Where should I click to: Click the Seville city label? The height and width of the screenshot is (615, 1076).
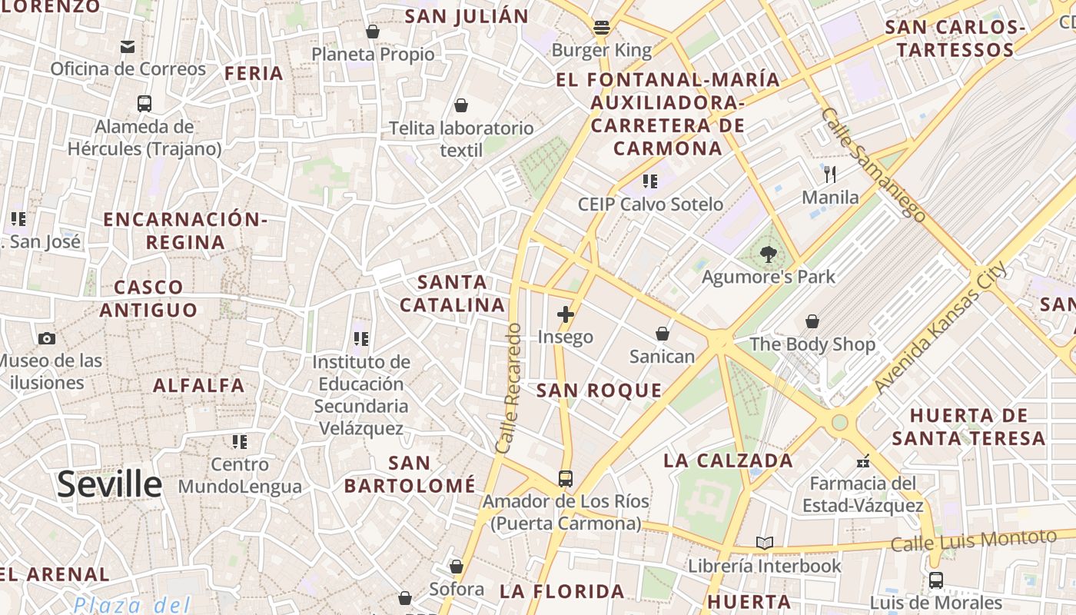coord(109,484)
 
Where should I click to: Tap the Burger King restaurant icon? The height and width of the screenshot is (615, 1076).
coord(602,28)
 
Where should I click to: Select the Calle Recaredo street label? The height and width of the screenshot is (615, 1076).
coord(509,388)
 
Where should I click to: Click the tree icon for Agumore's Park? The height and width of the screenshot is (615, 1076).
coord(767,254)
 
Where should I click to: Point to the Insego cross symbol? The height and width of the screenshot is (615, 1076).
coord(566,314)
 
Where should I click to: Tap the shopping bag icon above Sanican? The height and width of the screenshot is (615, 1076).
coord(662,334)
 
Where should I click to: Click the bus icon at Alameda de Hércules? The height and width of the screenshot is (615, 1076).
coord(144,103)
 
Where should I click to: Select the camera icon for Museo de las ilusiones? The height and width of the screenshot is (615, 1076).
coord(47,338)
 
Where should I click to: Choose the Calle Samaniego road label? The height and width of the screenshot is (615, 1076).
coord(873,165)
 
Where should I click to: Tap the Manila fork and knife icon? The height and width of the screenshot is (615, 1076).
coord(829,175)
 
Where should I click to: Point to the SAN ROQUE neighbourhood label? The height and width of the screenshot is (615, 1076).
coord(599,391)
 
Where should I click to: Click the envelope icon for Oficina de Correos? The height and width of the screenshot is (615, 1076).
coord(128,47)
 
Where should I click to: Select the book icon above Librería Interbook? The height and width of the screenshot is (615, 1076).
coord(764,543)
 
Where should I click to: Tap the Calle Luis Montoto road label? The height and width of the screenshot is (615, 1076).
coord(973,540)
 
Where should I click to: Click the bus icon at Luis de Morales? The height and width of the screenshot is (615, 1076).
coord(935,580)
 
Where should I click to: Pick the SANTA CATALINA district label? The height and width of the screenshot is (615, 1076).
coord(453,294)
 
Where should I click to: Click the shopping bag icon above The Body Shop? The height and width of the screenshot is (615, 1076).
coord(812,321)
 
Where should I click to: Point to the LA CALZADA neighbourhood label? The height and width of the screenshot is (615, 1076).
coord(728,460)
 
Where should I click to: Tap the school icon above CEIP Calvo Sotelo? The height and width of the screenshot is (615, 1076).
coord(650,181)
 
